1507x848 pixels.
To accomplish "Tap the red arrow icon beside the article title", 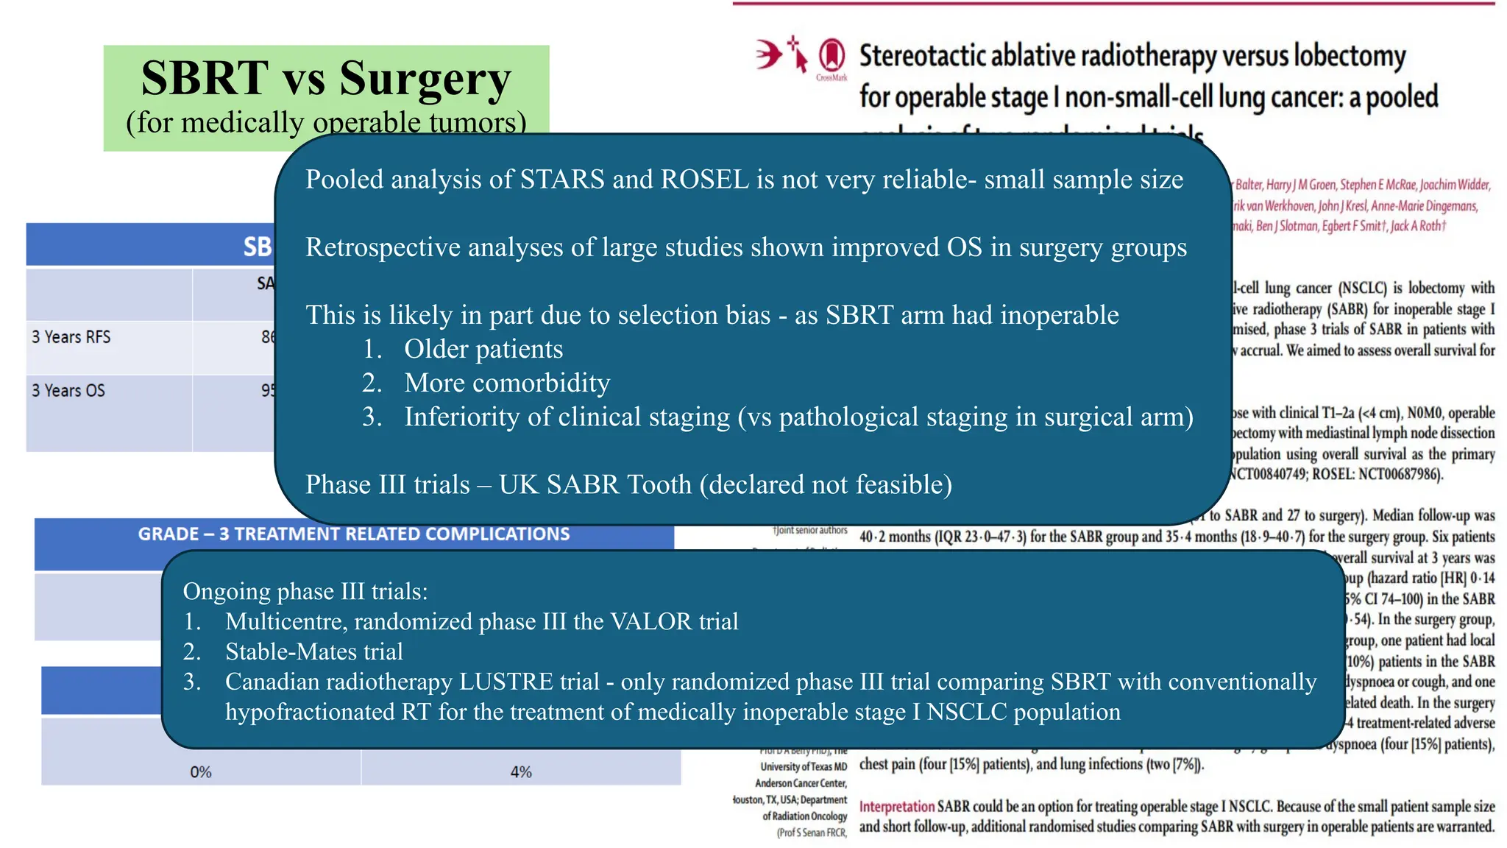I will click(x=770, y=54).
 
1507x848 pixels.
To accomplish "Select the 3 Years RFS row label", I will click(x=71, y=337).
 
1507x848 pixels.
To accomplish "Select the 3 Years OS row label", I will click(x=68, y=391).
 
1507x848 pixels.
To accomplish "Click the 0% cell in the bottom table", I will click(x=200, y=772).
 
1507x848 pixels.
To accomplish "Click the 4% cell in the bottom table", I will click(x=521, y=772).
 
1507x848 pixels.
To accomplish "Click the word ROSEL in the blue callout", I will click(x=705, y=180).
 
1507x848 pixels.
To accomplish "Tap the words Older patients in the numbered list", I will click(x=483, y=349).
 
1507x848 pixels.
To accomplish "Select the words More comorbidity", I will click(x=506, y=383).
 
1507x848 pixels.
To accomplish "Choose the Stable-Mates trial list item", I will click(x=313, y=651).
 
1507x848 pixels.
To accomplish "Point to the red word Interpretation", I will click(x=896, y=807).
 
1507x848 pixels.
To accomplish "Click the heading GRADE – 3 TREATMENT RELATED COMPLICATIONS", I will click(x=354, y=534).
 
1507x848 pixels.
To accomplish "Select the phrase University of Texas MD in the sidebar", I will click(x=804, y=767).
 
